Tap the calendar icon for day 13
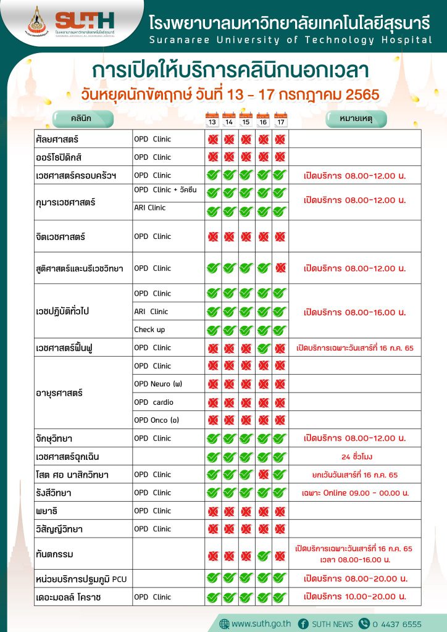tap(212, 119)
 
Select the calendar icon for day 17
tap(280, 119)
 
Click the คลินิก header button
tap(83, 118)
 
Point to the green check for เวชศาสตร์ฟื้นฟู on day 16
tap(264, 348)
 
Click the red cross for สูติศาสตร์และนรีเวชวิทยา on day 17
tap(280, 268)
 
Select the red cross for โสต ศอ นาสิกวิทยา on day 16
tap(264, 475)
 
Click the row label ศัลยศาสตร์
tap(56, 139)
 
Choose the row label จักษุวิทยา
tap(54, 439)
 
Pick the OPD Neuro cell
tap(158, 384)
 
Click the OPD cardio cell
tap(154, 402)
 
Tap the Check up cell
tap(149, 330)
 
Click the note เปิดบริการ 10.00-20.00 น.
tap(354, 597)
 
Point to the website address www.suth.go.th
tap(261, 623)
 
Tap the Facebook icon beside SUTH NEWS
tap(303, 623)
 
